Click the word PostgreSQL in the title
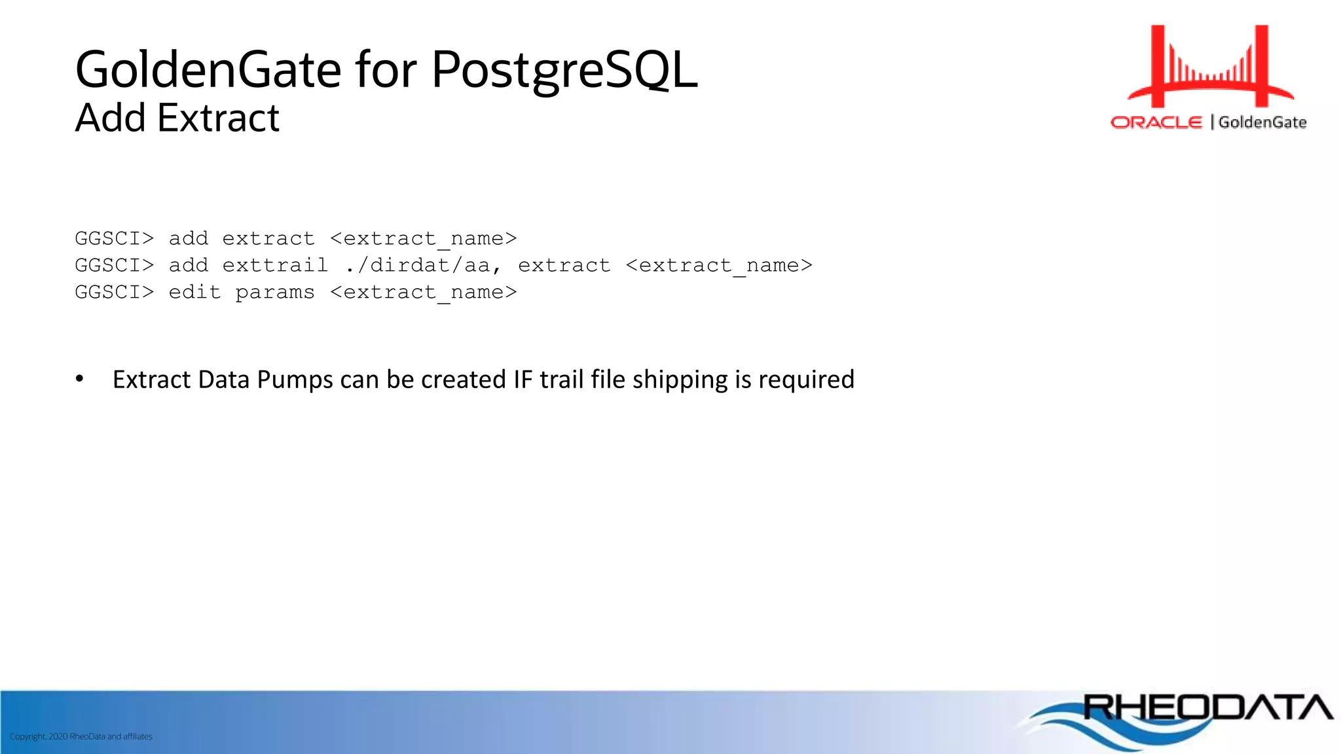coord(564,71)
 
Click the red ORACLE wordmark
coord(1156,122)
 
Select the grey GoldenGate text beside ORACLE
coord(1262,122)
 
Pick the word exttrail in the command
coord(275,265)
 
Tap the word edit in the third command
coord(194,292)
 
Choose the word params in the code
coord(275,293)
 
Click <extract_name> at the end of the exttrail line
coord(719,266)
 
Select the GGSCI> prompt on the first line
coord(114,238)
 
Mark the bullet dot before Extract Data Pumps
coord(80,378)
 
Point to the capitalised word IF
coord(523,380)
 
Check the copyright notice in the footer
coord(81,736)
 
